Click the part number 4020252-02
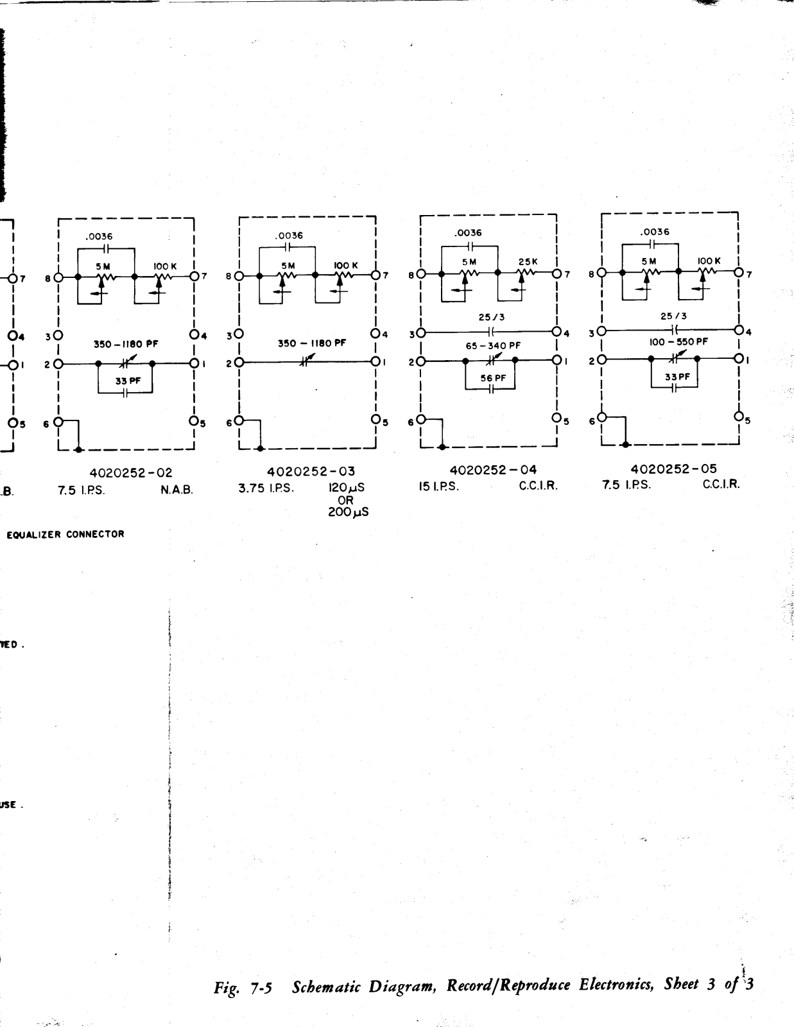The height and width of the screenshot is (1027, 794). click(131, 474)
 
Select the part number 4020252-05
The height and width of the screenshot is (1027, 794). click(673, 469)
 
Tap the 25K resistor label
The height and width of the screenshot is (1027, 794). click(528, 262)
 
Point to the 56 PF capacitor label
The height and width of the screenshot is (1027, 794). click(494, 378)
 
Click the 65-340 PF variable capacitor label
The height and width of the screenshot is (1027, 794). click(493, 346)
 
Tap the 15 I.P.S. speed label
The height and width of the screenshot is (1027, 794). click(439, 486)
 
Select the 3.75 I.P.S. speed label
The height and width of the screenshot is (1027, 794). click(266, 488)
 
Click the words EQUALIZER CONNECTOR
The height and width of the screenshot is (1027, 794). click(65, 534)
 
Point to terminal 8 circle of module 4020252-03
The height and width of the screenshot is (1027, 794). click(239, 277)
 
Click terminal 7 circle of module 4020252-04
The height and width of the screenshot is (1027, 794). click(557, 274)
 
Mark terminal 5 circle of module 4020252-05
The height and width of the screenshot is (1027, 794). click(739, 417)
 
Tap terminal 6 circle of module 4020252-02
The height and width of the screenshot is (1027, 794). click(58, 422)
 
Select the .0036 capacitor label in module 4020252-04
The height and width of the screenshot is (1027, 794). click(469, 233)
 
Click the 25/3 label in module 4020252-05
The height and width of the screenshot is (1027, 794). click(674, 316)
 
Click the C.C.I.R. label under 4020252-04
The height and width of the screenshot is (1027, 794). click(539, 486)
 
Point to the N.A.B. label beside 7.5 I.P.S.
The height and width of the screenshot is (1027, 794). click(177, 489)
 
